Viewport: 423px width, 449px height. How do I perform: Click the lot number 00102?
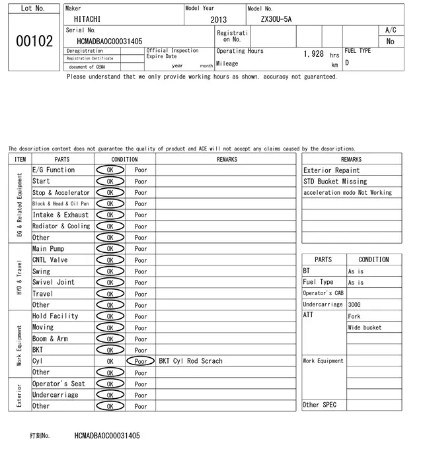click(34, 41)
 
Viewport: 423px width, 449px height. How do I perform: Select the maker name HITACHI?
click(87, 19)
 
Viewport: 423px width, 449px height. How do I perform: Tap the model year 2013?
click(218, 20)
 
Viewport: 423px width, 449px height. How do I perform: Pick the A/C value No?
click(390, 42)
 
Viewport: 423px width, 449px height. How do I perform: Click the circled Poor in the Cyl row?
click(141, 361)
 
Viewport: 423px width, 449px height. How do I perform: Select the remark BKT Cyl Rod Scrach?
click(190, 361)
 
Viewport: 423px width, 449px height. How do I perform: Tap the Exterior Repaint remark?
click(331, 170)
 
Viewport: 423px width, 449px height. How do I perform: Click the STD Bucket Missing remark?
click(334, 182)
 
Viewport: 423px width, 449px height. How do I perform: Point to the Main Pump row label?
click(48, 249)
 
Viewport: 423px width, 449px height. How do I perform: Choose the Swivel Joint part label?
click(54, 283)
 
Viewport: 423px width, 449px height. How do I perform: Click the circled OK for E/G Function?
click(110, 170)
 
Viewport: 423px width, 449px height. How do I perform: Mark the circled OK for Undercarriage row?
click(110, 395)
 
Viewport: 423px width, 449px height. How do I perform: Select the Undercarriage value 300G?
click(354, 304)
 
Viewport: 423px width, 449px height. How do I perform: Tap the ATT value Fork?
click(354, 316)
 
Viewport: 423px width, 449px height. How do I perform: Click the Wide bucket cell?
click(365, 328)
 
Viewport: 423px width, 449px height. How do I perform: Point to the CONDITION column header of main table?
click(124, 159)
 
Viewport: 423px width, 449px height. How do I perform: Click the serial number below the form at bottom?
click(107, 436)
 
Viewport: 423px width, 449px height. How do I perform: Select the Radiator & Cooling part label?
click(61, 226)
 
